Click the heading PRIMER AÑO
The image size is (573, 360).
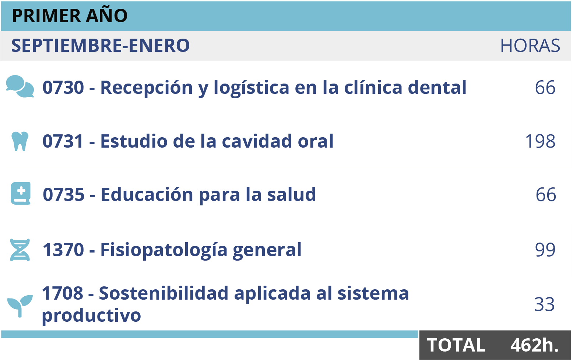70,16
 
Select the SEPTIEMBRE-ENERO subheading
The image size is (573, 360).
100,46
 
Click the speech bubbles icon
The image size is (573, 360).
20,87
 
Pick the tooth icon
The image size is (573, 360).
20,141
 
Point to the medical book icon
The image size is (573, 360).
21,193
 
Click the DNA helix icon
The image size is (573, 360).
20,250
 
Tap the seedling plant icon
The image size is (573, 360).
20,305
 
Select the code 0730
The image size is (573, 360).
63,88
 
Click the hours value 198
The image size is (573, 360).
540,141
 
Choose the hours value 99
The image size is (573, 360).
545,250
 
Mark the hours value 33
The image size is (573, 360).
544,305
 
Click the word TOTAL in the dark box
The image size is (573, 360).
456,345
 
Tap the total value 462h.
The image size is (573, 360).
534,345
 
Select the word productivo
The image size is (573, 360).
91,315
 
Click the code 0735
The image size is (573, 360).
64,194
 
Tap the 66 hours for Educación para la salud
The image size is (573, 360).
546,195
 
